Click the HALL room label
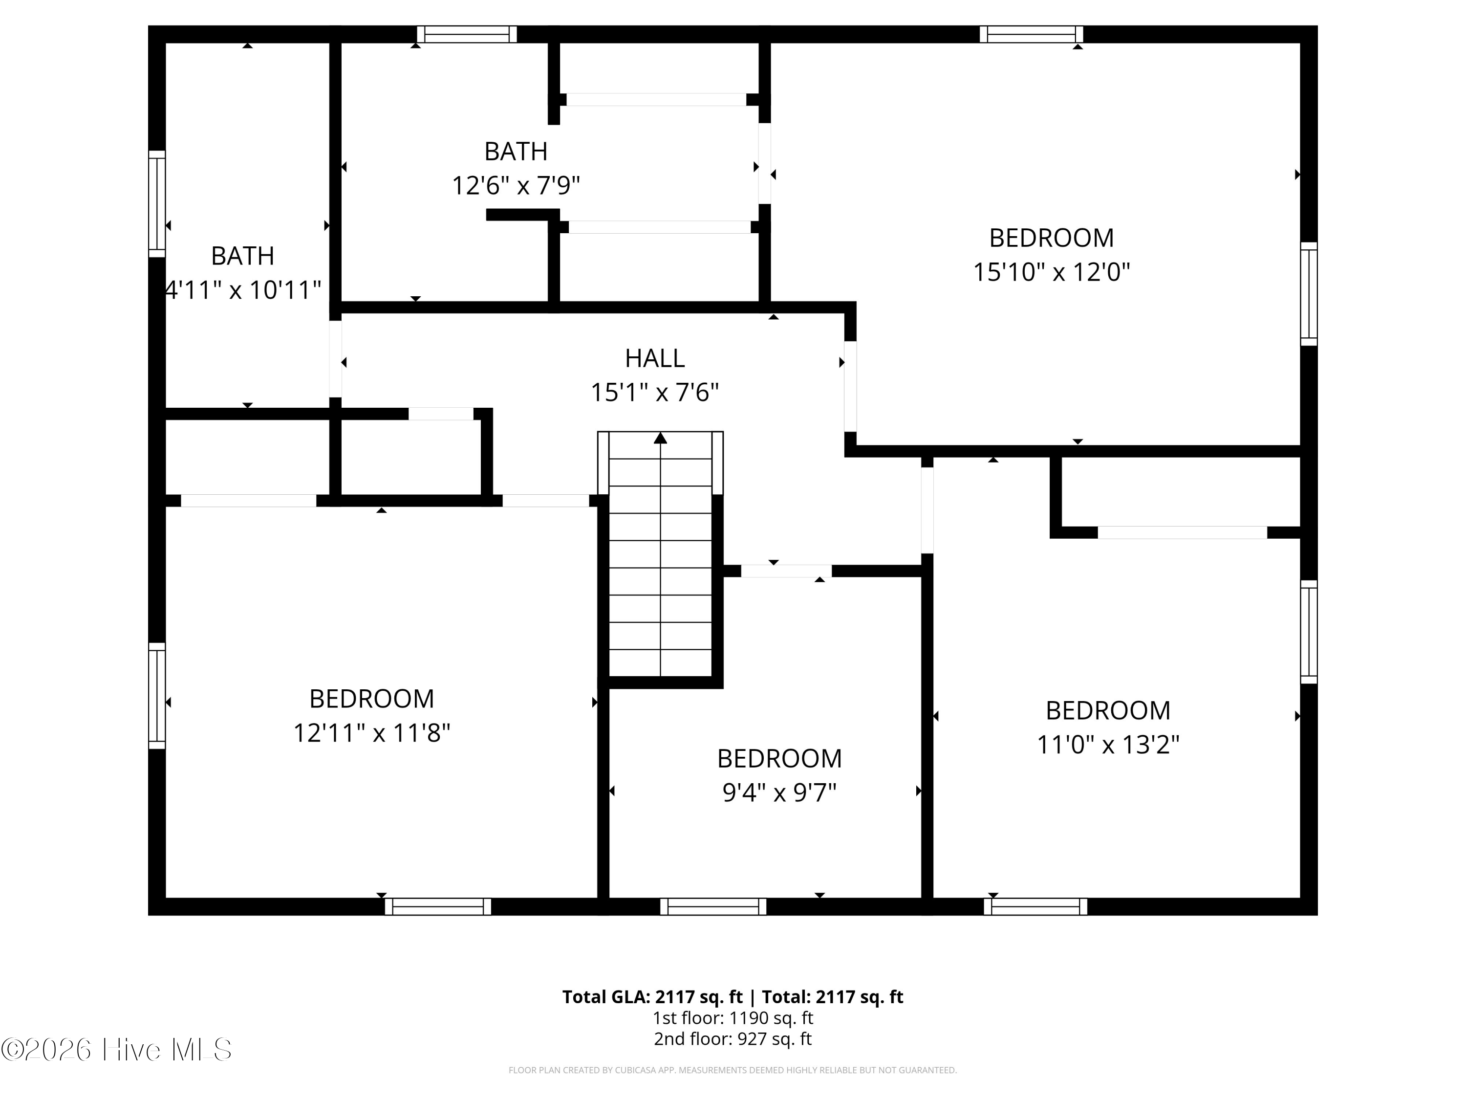point(655,359)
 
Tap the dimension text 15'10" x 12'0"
point(1051,272)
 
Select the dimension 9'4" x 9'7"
point(779,792)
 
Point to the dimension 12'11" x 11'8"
point(372,733)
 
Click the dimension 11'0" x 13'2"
point(1108,745)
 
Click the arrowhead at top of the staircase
point(660,438)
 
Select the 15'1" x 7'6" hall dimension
point(655,393)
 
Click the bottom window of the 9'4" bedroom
point(713,906)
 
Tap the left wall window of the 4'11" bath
point(156,203)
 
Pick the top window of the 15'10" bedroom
point(1031,34)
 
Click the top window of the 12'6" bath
point(467,34)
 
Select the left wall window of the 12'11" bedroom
point(156,696)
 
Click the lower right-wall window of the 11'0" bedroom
point(1309,632)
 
